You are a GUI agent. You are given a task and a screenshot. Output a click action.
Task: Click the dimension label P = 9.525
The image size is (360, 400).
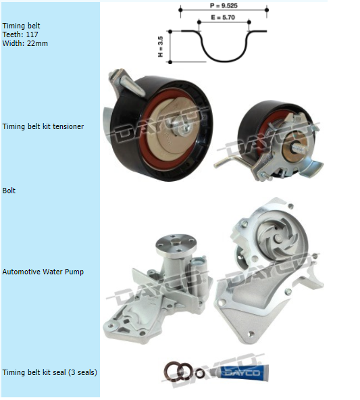(x=224, y=5)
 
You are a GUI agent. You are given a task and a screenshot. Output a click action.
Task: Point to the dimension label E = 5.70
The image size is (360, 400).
(x=223, y=18)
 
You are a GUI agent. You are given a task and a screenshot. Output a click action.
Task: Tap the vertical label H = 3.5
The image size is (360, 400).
(x=160, y=47)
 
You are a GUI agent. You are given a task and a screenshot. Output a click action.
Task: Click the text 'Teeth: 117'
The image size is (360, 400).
(x=20, y=34)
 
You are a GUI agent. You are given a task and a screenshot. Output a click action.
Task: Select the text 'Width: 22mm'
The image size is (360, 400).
(x=25, y=43)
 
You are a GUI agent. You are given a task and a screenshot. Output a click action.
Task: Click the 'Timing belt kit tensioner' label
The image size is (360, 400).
(x=43, y=126)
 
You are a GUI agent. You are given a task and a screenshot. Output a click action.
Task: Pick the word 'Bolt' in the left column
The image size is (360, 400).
(x=9, y=191)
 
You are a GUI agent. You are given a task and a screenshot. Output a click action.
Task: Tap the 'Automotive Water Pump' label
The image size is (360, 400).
(x=43, y=272)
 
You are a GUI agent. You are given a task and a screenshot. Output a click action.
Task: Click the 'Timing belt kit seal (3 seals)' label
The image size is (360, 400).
(x=50, y=372)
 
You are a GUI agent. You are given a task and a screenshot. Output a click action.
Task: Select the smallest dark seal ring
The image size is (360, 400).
(x=200, y=373)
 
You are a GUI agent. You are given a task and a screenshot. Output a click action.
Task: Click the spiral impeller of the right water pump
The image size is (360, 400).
(x=277, y=241)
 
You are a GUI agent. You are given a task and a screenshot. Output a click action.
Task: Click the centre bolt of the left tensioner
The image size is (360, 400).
(x=182, y=127)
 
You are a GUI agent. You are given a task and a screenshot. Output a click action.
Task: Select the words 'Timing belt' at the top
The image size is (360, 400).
(x=21, y=26)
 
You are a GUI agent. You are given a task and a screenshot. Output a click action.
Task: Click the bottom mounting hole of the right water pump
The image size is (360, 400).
(x=251, y=334)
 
